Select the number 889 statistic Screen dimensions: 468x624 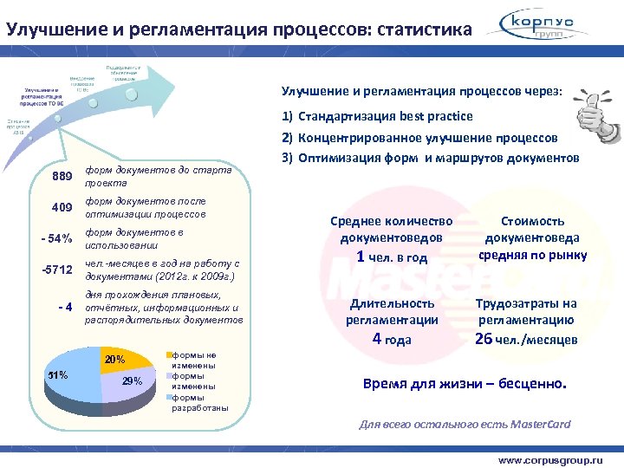coord(60,176)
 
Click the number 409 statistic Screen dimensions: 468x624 coord(62,208)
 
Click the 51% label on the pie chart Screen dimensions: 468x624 coord(56,375)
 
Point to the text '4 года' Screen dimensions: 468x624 coord(391,339)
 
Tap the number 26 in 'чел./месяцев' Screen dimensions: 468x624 coord(484,338)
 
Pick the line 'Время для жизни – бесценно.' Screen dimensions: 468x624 coord(465,384)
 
